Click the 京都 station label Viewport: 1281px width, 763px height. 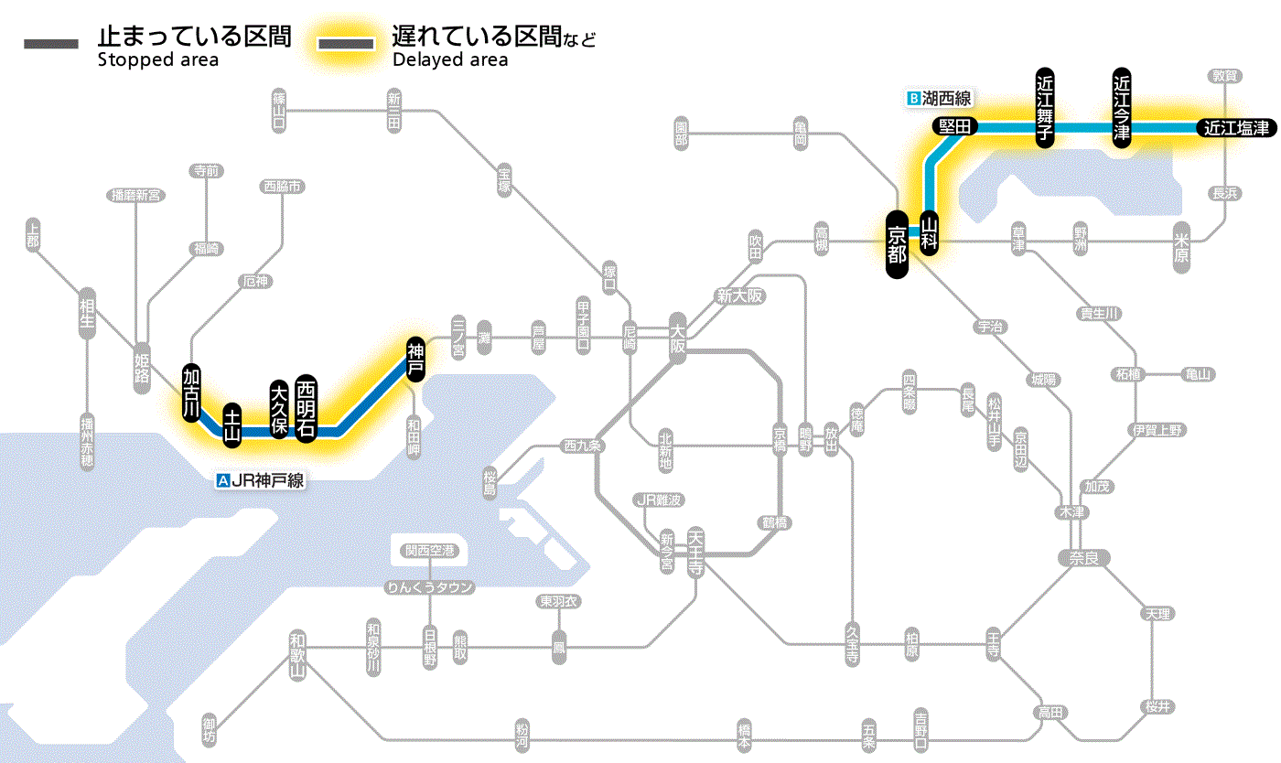click(897, 242)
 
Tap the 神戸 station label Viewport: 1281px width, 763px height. click(415, 358)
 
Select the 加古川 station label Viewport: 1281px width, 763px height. click(191, 392)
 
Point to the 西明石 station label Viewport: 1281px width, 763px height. click(306, 408)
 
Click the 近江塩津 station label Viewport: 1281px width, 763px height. click(1236, 128)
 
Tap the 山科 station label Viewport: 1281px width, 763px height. click(930, 232)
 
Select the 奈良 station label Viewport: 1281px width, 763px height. click(1083, 558)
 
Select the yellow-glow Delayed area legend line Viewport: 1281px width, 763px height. click(346, 44)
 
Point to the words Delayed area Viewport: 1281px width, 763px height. click(450, 60)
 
